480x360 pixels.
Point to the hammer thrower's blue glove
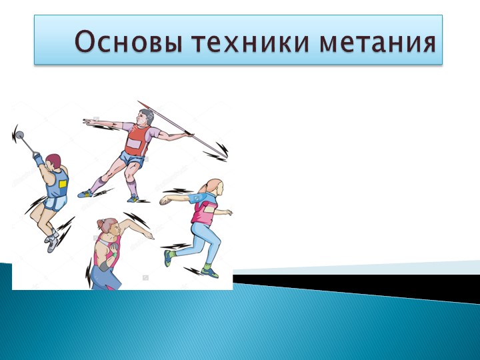pyautogui.click(x=39, y=159)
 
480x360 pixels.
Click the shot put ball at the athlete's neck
pyautogui.click(x=114, y=247)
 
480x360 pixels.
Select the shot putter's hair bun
pyautogui.click(x=101, y=223)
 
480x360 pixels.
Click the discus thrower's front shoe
pyautogui.click(x=209, y=272)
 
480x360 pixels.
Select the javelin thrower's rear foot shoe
pyautogui.click(x=85, y=193)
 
